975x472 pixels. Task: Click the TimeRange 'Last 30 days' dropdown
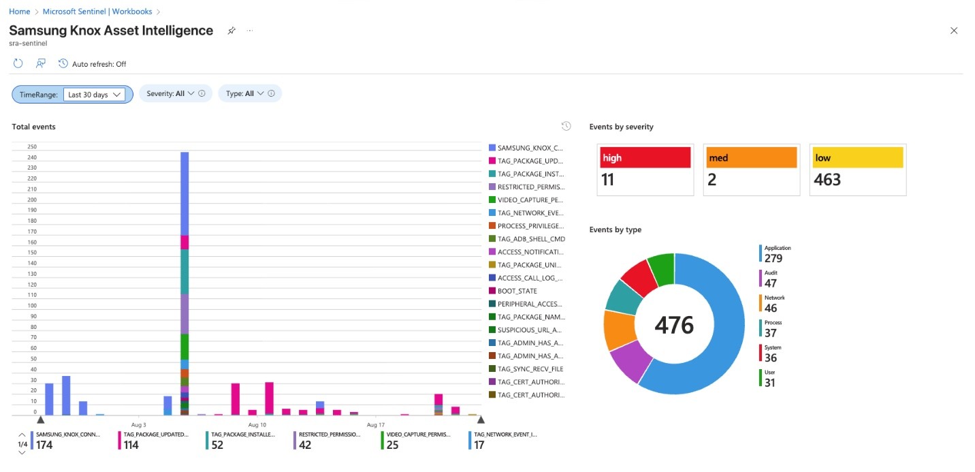[95, 95]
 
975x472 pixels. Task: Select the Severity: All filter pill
[176, 94]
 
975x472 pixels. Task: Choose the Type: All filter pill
[249, 94]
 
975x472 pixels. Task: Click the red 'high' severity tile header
[645, 158]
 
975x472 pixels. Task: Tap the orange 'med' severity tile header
[751, 158]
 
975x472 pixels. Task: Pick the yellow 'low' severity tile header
[857, 158]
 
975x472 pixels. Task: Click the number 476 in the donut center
[674, 325]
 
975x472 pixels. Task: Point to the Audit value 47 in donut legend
[771, 283]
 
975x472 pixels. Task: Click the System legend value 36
[771, 358]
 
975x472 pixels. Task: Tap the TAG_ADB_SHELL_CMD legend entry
[531, 239]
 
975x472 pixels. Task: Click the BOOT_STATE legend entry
[517, 291]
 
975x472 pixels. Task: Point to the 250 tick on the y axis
[32, 146]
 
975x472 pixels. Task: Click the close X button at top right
[953, 31]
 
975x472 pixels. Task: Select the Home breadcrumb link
[19, 12]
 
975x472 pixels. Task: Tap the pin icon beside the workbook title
[231, 31]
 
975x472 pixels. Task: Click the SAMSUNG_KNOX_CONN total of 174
[45, 445]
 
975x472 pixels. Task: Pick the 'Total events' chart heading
[34, 127]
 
